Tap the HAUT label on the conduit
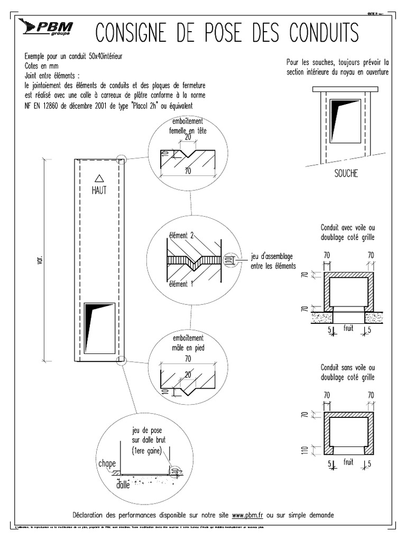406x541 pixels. (99, 191)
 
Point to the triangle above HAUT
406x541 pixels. (98, 179)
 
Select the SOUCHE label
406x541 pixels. (346, 174)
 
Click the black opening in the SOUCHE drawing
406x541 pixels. (345, 121)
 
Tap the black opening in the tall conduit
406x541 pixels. (99, 328)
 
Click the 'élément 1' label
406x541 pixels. (181, 284)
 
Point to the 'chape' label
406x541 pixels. (106, 463)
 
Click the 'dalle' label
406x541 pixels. (122, 483)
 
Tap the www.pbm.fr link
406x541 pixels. (248, 515)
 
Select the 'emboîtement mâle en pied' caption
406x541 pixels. (188, 343)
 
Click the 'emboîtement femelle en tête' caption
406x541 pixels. (187, 126)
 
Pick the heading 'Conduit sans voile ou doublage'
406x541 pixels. (347, 372)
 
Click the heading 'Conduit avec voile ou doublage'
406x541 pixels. (347, 231)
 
